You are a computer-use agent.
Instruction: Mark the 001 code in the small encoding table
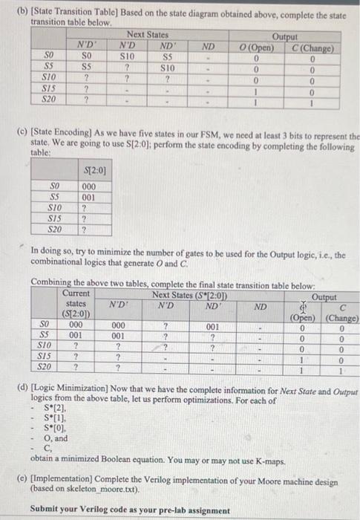click(x=88, y=198)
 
